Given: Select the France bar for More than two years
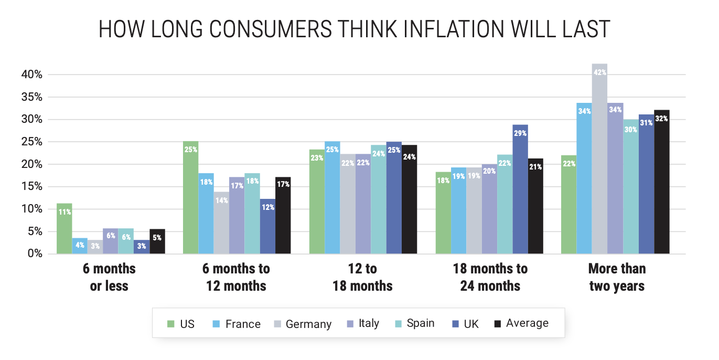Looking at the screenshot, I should click(584, 181).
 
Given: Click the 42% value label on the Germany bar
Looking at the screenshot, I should click(600, 72).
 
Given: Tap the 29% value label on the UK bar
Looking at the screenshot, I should click(521, 133).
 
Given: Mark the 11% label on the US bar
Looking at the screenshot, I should click(65, 212).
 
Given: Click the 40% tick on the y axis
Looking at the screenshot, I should click(32, 75).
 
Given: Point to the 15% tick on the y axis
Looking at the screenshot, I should click(32, 187).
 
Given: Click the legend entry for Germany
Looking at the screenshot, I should click(308, 324).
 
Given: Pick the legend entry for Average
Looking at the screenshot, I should click(527, 323).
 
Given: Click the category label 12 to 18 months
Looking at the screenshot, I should click(362, 277).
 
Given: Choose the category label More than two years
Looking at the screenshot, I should click(617, 277).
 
